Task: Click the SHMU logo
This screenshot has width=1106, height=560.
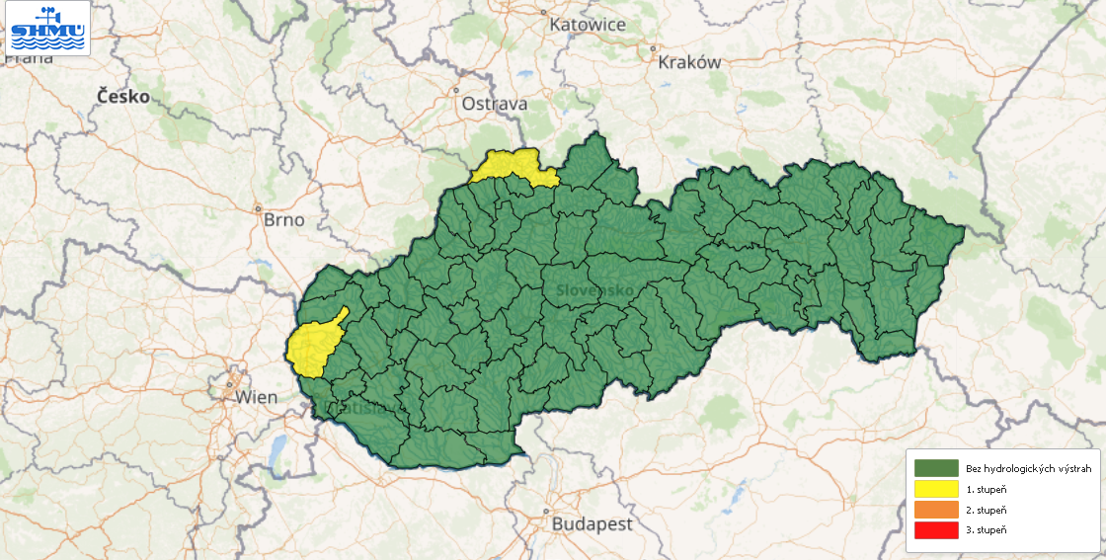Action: [46, 28]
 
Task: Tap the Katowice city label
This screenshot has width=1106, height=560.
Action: [588, 24]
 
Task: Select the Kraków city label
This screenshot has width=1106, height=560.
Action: [689, 62]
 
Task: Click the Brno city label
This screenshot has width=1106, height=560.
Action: [284, 219]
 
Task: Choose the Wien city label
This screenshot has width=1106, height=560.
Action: [257, 397]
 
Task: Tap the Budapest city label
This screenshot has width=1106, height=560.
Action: [592, 523]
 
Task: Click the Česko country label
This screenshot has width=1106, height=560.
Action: [123, 97]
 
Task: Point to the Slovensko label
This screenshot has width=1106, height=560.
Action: [594, 290]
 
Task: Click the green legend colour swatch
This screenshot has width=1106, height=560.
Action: [936, 468]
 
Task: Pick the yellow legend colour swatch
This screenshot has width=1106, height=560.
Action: [936, 489]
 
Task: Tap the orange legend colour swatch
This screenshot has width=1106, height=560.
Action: [936, 510]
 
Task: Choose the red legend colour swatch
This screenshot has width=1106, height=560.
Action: [936, 530]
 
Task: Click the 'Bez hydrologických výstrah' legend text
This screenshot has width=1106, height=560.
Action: [1029, 468]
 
